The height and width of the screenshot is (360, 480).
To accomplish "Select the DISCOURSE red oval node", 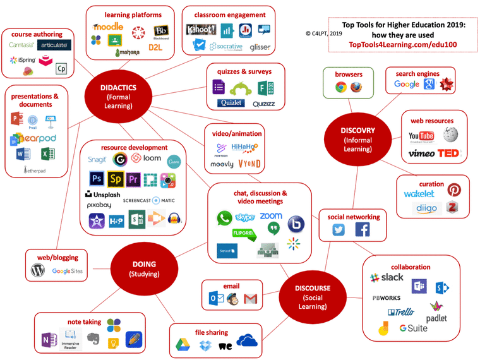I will point(313,296).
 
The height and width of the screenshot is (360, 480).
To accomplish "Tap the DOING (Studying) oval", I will point(144,268).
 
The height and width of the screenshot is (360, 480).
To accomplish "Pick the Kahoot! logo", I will point(201,30).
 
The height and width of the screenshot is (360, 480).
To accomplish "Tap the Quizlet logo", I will point(231,103).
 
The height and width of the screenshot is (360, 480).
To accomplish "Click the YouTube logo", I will point(421,136).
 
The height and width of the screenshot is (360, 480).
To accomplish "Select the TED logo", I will point(449,153).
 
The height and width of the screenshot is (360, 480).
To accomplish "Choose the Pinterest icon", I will point(453,190).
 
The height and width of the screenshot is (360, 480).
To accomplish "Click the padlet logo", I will point(436,314).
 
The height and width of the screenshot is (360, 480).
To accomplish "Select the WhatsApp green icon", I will point(224,219).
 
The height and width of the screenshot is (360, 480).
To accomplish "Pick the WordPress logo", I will point(39,270).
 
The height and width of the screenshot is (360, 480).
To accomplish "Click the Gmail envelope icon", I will point(251,299).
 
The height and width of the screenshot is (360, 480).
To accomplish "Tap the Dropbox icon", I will point(205,345).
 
